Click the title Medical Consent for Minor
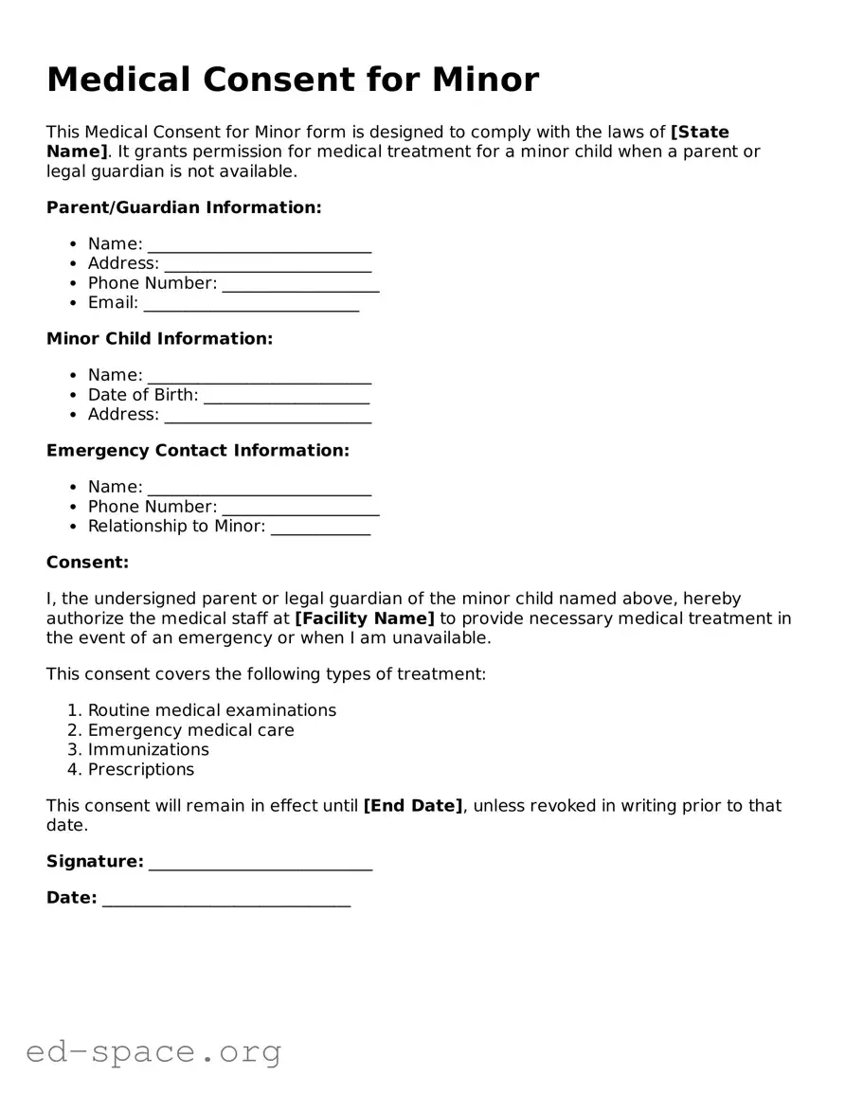click(x=292, y=80)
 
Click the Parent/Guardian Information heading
click(x=184, y=207)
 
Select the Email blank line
click(x=251, y=306)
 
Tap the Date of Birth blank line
click(x=286, y=398)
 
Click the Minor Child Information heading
click(x=159, y=339)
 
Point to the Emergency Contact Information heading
click(x=197, y=451)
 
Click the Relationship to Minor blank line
click(x=320, y=529)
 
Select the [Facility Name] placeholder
click(x=365, y=618)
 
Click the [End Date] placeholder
click(x=413, y=806)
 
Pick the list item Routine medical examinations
click(x=211, y=710)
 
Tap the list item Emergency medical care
click(x=190, y=730)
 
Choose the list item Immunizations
click(x=148, y=750)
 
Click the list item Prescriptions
click(x=140, y=770)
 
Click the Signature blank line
click(x=261, y=865)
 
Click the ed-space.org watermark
click(x=153, y=1051)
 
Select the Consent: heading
click(x=87, y=563)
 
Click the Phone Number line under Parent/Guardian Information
click(x=300, y=286)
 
